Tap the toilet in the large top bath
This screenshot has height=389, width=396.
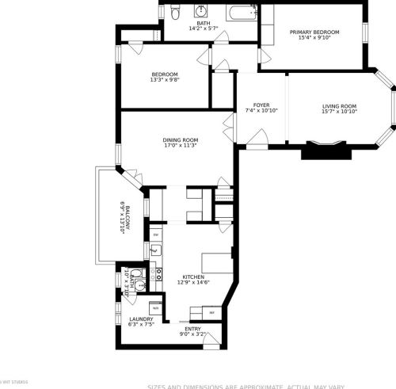coord(175,12)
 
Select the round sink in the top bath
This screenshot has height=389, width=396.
coord(201,11)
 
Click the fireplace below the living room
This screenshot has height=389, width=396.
coord(326,150)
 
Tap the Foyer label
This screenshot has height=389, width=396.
coord(261,105)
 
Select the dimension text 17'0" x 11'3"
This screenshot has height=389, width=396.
coord(180,145)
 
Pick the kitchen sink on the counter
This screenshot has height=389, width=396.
coord(155,251)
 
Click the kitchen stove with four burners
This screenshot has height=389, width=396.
coord(158,274)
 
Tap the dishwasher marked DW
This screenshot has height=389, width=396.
coord(156,235)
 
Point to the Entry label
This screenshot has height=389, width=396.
coord(192,328)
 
